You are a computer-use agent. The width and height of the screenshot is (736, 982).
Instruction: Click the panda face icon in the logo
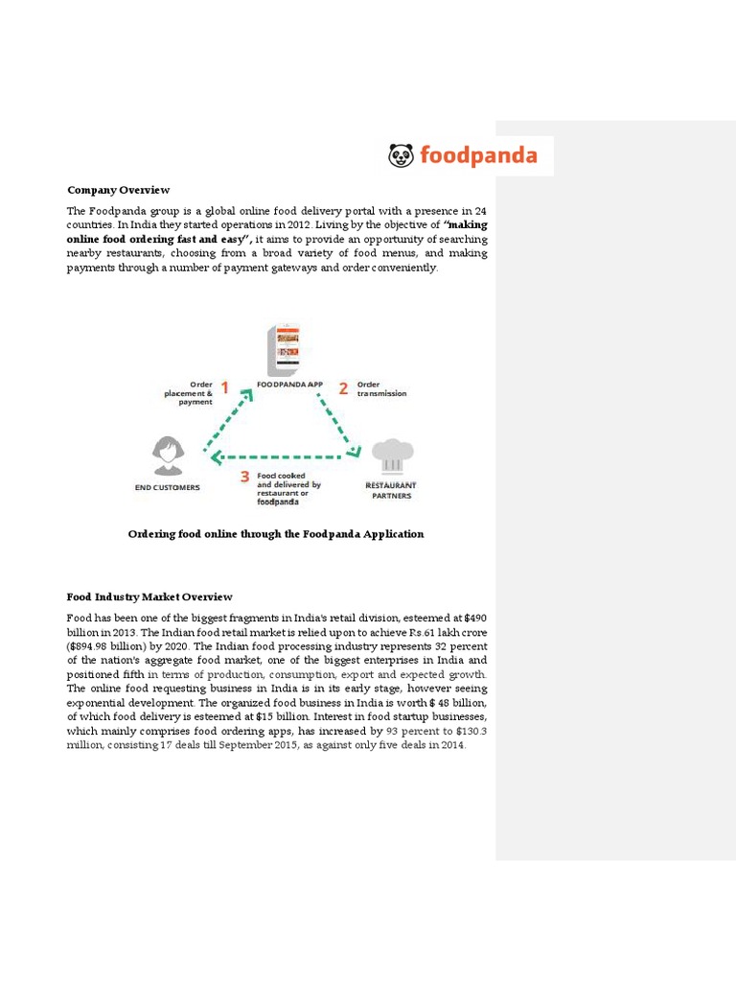[x=401, y=155]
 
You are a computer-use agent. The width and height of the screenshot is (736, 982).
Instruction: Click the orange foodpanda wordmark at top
[x=477, y=156]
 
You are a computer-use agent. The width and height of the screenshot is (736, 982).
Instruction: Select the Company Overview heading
[x=118, y=190]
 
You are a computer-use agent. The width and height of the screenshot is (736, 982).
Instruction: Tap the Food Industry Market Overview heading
[x=149, y=596]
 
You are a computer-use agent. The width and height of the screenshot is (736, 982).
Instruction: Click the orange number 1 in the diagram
[x=225, y=388]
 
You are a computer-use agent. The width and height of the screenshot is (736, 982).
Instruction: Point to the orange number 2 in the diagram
[x=342, y=388]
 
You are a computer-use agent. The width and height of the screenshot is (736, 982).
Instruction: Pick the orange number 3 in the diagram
[x=245, y=477]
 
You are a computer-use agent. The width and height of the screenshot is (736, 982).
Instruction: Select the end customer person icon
[x=169, y=456]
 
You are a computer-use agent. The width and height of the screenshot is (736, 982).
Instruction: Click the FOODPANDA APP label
[x=289, y=385]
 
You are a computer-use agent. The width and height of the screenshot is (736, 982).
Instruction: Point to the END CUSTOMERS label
[x=168, y=487]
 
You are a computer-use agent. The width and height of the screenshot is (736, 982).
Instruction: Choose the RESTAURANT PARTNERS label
[x=391, y=490]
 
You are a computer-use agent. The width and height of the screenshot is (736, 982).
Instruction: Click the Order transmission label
[x=381, y=389]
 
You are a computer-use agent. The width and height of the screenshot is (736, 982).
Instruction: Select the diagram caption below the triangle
[x=276, y=534]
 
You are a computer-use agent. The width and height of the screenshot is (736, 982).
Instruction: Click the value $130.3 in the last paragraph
[x=469, y=731]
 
